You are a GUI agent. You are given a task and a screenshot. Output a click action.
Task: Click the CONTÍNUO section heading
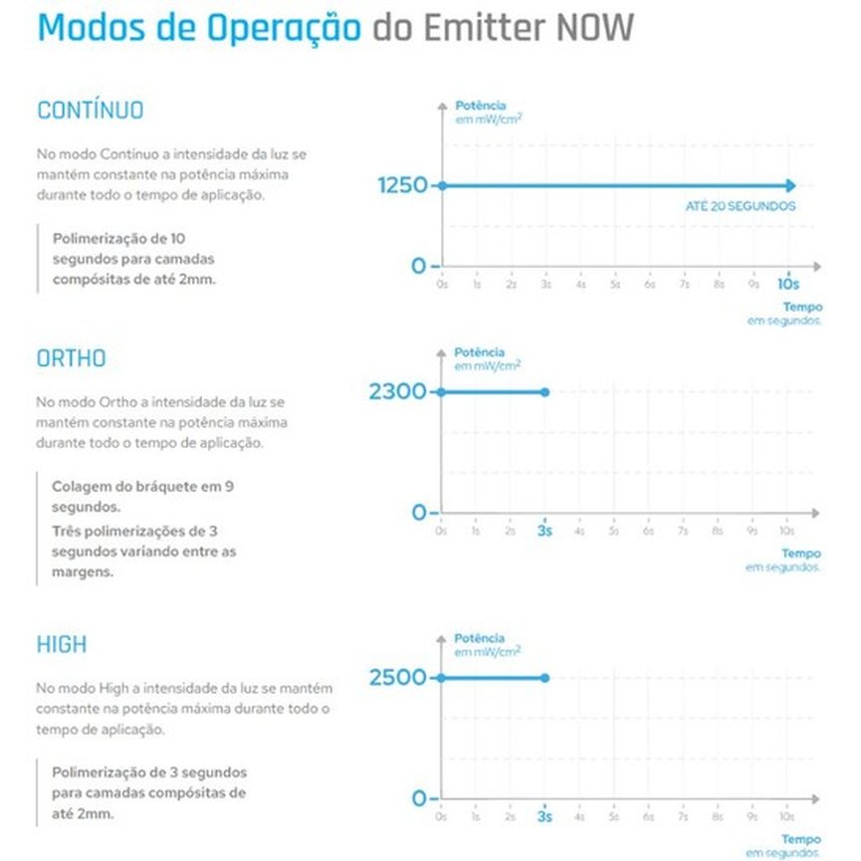91,110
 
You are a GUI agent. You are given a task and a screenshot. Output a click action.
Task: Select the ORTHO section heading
72,358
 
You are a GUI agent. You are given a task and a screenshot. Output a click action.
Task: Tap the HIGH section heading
62,645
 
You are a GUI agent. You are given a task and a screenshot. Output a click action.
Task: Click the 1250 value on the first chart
402,186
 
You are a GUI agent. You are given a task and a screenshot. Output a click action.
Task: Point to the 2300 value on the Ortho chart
397,392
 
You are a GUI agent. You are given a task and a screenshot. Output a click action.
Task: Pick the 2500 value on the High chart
397,678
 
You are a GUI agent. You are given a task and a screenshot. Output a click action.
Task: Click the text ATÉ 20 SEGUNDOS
740,206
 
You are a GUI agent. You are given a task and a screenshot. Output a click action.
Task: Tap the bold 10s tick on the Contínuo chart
788,285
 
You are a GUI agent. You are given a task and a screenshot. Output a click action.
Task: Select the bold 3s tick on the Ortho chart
544,531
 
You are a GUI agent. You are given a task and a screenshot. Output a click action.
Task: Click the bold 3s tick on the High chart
544,816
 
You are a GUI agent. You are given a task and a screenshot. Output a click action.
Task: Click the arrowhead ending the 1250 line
790,185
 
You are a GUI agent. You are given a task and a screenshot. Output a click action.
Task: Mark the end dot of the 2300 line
544,392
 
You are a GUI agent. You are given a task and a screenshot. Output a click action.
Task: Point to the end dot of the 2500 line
544,678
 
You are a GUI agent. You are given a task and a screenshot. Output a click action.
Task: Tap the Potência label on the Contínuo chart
480,106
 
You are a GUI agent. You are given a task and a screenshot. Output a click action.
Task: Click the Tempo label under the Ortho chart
800,553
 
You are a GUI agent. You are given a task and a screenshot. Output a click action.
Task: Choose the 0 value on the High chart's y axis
419,798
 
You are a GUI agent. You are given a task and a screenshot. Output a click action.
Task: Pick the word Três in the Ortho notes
68,530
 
